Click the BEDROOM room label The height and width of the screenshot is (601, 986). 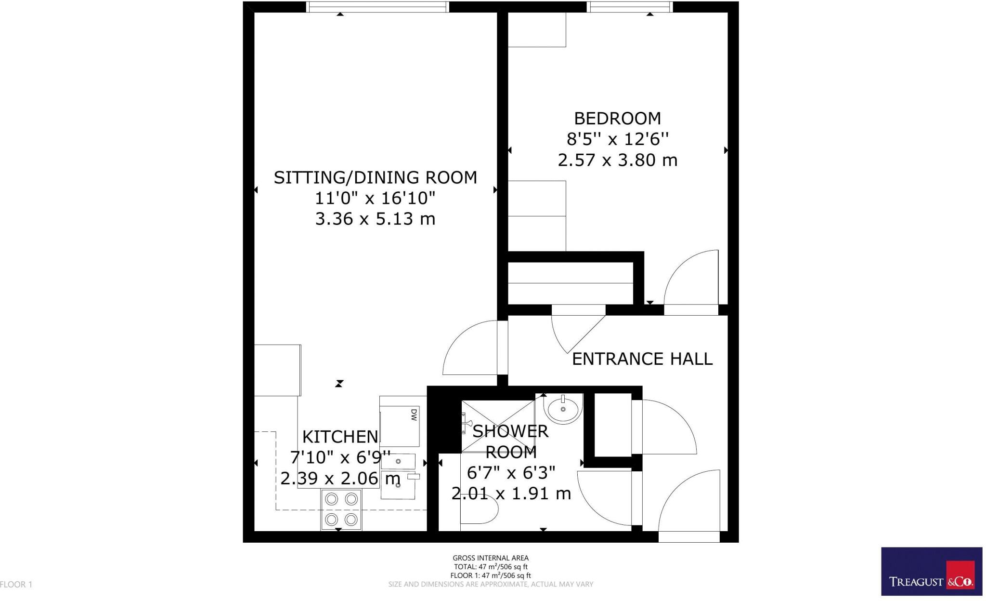[x=617, y=119]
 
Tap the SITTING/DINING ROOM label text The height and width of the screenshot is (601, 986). [x=375, y=178]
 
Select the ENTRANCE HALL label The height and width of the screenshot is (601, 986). [x=642, y=359]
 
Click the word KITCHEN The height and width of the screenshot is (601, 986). [x=340, y=437]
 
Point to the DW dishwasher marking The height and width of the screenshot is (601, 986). [x=413, y=415]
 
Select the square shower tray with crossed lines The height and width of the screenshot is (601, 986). [x=498, y=426]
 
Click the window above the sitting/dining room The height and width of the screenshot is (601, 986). [x=378, y=7]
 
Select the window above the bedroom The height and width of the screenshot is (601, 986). [x=630, y=7]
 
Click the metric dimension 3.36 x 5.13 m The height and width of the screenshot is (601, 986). [x=375, y=219]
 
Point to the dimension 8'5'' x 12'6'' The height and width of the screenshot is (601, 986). [x=617, y=140]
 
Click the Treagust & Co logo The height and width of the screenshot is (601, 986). [x=931, y=572]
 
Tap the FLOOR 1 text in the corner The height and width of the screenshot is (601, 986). [x=16, y=585]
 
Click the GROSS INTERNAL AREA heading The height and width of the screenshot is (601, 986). [x=490, y=558]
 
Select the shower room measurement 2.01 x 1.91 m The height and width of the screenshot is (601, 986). [x=511, y=494]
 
